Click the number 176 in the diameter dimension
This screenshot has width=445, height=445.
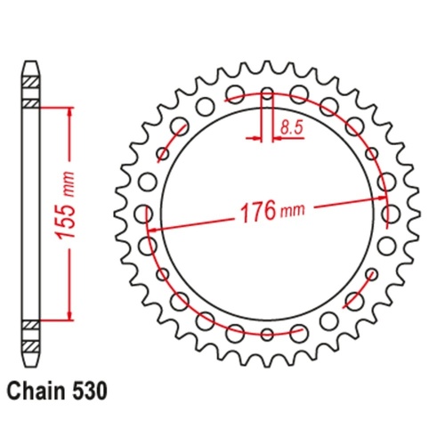pos(258,212)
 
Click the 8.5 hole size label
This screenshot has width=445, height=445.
pos(289,128)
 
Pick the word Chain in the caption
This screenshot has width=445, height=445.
pos(40,389)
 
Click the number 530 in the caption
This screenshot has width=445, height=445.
pos(95,389)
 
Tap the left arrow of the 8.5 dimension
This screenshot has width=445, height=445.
pos(259,138)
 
